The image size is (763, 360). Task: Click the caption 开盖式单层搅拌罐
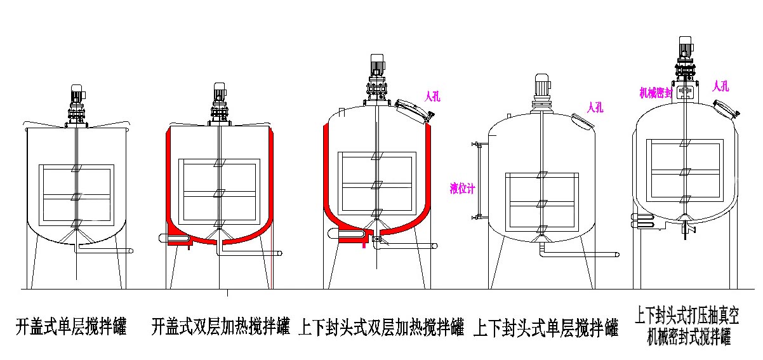71,328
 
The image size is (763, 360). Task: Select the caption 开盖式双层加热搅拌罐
221,328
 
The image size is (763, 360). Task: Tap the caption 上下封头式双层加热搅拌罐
381,328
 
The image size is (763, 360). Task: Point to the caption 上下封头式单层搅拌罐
545,328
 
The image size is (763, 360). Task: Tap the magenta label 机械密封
656,92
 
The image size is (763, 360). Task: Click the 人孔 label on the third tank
432,97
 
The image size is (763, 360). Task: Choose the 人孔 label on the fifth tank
720,86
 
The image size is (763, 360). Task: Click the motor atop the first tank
77,95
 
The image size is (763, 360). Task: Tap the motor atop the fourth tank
541,84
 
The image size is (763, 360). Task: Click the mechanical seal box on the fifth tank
684,93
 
